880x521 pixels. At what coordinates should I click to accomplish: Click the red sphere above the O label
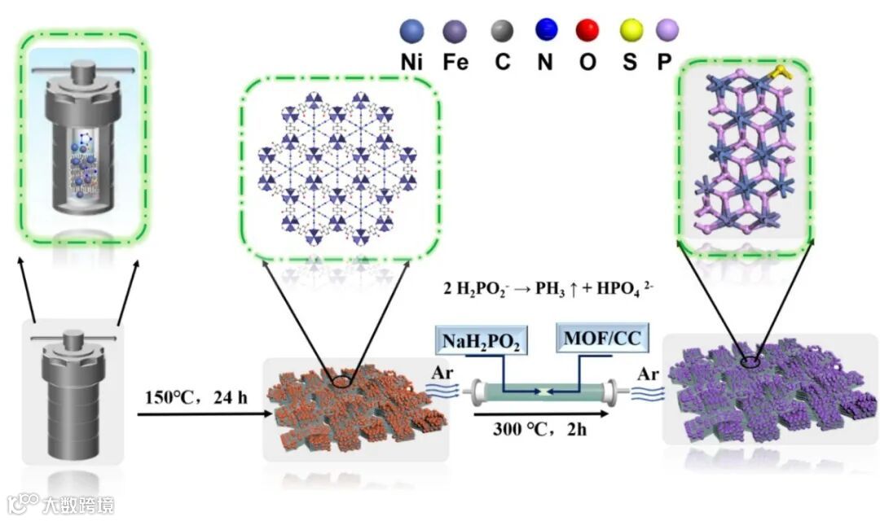[587, 31]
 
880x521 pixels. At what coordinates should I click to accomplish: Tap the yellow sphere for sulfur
[629, 31]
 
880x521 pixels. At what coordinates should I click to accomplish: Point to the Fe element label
[456, 63]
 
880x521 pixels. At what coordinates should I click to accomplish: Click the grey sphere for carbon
[501, 31]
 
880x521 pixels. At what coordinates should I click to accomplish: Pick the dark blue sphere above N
[544, 31]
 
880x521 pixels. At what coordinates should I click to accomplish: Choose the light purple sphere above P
[667, 31]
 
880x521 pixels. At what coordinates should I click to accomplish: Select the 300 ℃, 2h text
[539, 428]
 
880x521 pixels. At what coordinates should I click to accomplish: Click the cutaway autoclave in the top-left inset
[82, 142]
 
